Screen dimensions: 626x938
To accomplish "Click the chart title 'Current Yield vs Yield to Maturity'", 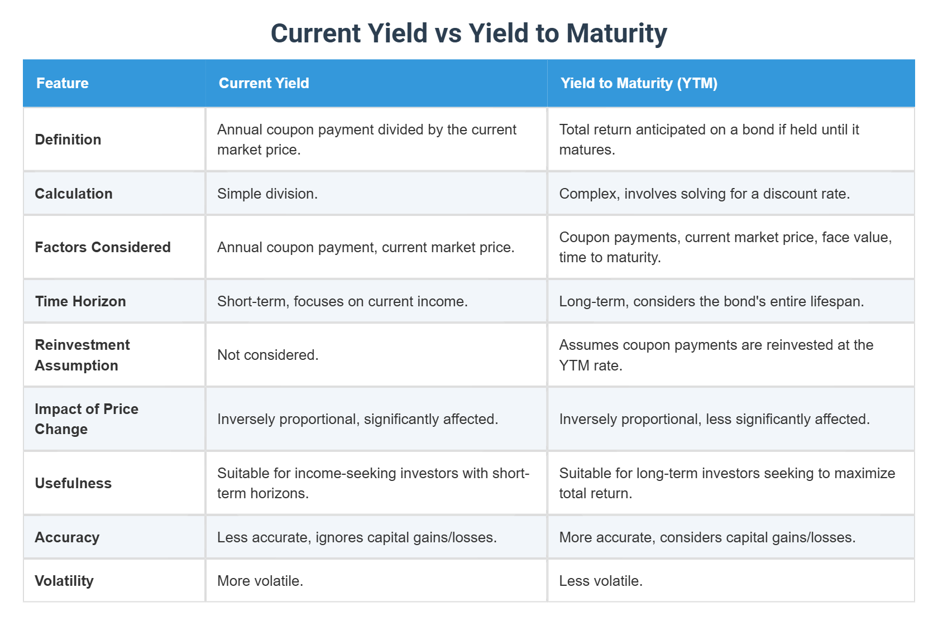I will point(468,33).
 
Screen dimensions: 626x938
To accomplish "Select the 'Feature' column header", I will point(63,83).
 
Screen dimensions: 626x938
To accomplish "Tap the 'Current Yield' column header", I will point(264,83).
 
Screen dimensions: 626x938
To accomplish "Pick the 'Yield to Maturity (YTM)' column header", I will point(639,83).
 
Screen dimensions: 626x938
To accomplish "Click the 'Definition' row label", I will point(68,139).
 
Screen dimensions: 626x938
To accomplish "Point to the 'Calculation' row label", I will point(74,194).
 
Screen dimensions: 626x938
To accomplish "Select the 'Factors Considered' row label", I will point(103,247).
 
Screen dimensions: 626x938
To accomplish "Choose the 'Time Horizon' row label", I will point(80,301).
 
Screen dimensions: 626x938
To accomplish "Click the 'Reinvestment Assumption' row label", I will point(82,355).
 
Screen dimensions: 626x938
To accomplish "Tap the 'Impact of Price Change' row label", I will point(87,419).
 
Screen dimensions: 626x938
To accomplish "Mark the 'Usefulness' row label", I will point(73,483).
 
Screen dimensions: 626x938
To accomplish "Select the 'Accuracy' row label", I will point(67,537).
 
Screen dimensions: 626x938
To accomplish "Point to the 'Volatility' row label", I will point(64,581).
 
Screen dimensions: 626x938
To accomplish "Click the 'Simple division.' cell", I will point(267,194).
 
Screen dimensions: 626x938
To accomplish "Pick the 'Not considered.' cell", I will point(268,355).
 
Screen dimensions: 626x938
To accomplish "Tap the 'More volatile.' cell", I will point(260,581).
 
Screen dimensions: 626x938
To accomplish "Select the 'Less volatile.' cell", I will point(601,581).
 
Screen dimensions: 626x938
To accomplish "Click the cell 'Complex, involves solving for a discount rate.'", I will point(704,194).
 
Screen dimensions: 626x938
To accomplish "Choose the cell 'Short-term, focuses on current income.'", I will point(342,301).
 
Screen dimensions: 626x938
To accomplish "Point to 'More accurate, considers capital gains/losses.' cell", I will point(707,537).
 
